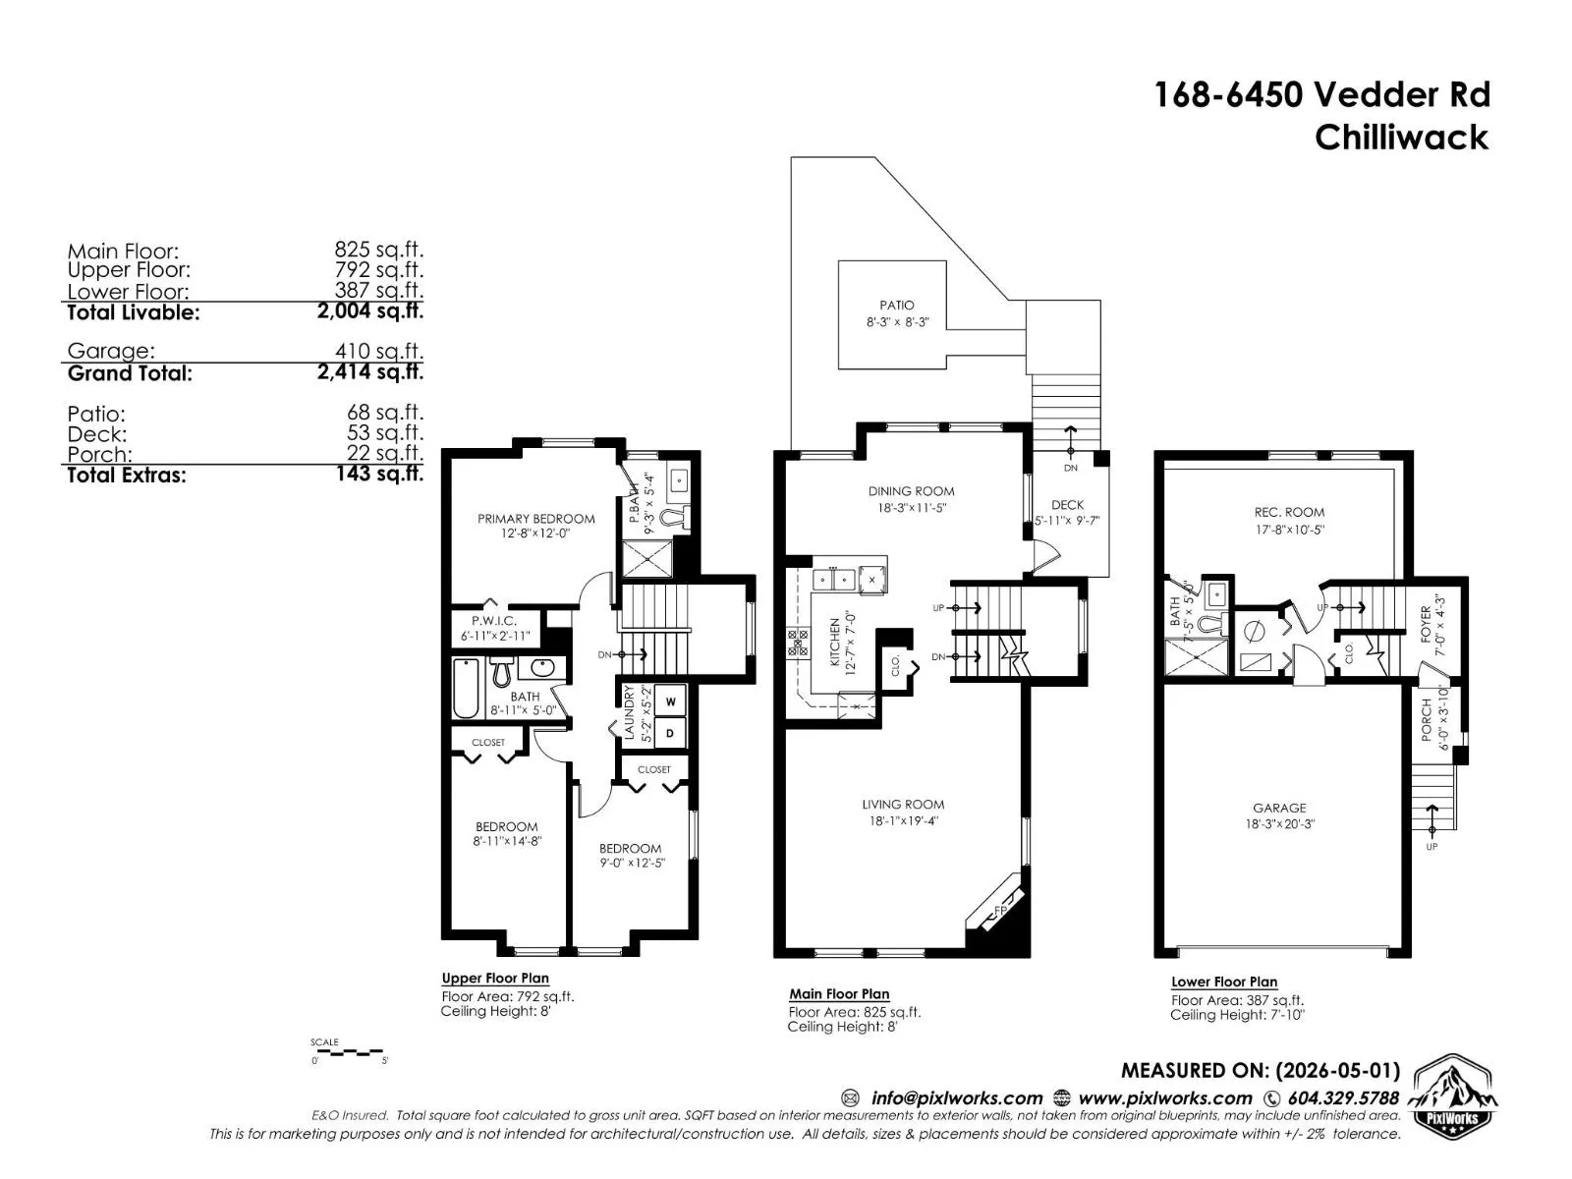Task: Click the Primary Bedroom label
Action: (535, 519)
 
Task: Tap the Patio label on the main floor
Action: (897, 305)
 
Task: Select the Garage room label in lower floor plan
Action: (1279, 808)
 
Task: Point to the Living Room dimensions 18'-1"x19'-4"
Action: (903, 821)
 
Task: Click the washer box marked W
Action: (670, 701)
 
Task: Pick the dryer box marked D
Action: (670, 733)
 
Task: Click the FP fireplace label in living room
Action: (1000, 910)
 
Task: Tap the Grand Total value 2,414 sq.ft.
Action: (370, 371)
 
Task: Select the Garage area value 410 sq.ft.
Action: (379, 351)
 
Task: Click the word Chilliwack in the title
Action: (1402, 138)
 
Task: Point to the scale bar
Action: (348, 1053)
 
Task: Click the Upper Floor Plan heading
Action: (495, 978)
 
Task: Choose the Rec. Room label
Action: (1289, 512)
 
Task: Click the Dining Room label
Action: (911, 491)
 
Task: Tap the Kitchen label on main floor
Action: (834, 643)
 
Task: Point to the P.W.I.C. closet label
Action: (493, 621)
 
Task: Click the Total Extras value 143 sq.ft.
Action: (379, 474)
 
